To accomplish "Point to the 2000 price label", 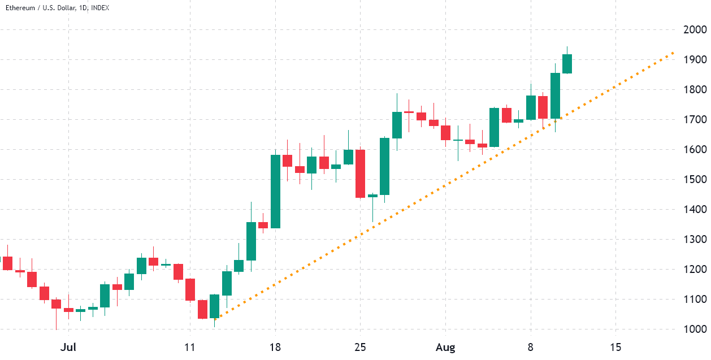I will pos(692,30).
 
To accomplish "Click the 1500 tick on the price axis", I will pos(692,180).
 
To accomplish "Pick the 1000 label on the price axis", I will pos(692,329).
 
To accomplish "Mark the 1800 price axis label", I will pos(692,90).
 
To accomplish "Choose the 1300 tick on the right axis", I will pos(692,240).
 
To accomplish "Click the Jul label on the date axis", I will pos(68,346).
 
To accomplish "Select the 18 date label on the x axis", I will pos(276,346).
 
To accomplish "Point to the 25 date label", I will pos(361,346).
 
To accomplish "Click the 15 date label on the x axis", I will pos(615,346).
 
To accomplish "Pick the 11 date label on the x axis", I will pos(190,346).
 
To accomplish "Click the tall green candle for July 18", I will pos(276,191).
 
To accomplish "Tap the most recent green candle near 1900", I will pos(567,63).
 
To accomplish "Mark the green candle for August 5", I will pos(494,127).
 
